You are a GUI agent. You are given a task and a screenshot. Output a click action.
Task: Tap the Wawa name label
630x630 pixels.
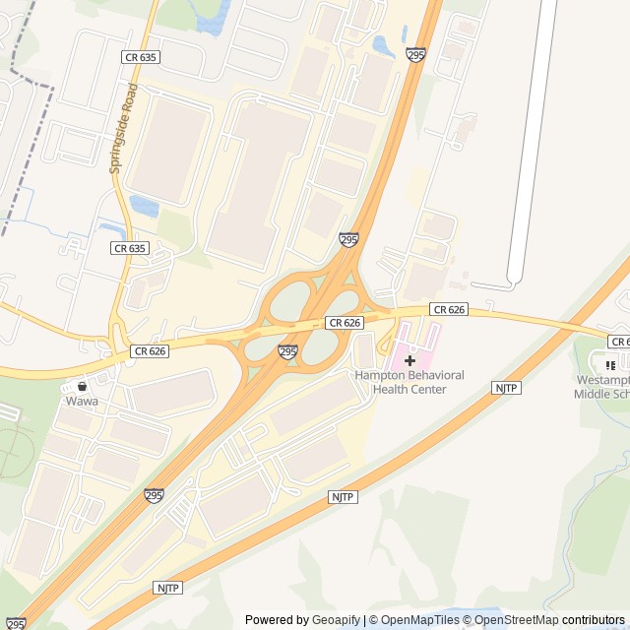82,402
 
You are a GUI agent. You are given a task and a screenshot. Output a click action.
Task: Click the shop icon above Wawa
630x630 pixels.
82,386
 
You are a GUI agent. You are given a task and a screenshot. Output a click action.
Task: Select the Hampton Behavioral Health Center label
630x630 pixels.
409,382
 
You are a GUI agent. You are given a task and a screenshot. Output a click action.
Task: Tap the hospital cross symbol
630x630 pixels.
409,361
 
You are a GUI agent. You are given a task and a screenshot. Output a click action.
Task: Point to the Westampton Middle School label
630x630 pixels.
601,388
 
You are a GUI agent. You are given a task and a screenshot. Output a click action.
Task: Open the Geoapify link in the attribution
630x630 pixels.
336,620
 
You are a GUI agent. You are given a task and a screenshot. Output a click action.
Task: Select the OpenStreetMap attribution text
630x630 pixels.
516,620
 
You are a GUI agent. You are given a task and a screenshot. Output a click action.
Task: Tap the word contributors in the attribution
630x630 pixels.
594,620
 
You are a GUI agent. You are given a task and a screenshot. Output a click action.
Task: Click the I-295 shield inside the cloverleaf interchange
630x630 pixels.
287,351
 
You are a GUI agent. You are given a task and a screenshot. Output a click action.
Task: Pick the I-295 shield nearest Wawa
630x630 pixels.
154,495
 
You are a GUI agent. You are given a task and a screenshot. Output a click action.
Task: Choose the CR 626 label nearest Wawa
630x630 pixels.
150,350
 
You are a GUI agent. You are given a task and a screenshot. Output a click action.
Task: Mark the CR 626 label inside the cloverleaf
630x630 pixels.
345,323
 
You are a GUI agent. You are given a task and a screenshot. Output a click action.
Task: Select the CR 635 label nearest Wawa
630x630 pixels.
130,248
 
